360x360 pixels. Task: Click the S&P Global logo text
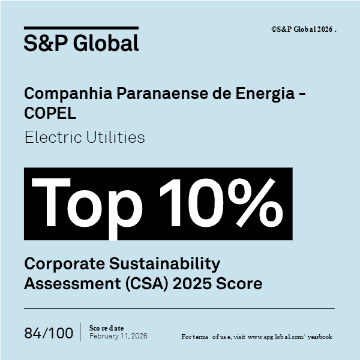[x=81, y=43]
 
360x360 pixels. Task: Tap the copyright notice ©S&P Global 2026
[x=304, y=29]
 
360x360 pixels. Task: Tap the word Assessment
[x=67, y=283]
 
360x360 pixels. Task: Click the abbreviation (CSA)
[x=143, y=283]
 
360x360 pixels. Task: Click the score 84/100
[x=49, y=333]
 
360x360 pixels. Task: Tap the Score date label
[x=106, y=328]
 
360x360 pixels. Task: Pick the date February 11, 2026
[x=118, y=336]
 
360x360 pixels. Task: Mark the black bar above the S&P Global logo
[x=81, y=28]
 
